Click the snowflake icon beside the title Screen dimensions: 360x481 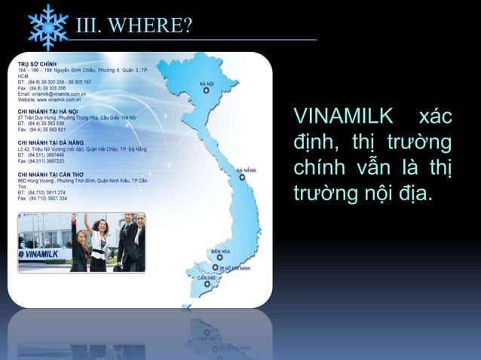click(48, 29)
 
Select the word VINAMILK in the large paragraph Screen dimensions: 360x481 click(343, 117)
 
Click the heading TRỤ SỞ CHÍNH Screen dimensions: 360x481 click(37, 64)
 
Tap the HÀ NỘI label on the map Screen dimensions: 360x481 click(206, 83)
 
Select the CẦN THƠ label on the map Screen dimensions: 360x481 click(205, 277)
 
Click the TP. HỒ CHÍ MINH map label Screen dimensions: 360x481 click(238, 267)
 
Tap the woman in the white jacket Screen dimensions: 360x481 click(99, 245)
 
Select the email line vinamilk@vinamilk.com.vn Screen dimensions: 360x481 click(53, 93)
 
